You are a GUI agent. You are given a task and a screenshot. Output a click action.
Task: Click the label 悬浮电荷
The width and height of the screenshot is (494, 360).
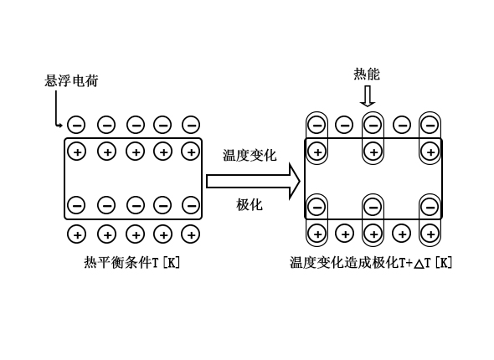[x=71, y=80]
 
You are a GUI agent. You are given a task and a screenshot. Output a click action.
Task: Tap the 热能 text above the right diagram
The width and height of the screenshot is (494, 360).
[x=367, y=74]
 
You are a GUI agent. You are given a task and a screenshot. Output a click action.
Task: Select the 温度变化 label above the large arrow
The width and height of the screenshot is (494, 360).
[x=250, y=155]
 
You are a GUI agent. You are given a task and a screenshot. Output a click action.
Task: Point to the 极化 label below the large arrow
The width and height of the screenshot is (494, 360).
[x=250, y=204]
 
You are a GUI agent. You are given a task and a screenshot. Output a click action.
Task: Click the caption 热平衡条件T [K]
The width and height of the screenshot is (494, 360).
[x=132, y=262]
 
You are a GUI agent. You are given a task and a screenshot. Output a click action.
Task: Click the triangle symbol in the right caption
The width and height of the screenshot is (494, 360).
[x=419, y=264]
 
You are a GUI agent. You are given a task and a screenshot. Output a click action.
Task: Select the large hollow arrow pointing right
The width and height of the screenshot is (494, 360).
[x=253, y=182]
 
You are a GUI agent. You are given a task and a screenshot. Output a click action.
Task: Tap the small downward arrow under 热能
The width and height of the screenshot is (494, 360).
[x=368, y=96]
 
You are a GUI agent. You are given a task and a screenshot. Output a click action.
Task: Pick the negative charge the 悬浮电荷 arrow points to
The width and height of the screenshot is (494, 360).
[x=76, y=125]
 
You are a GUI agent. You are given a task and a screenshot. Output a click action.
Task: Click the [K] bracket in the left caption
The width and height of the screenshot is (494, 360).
[x=171, y=262]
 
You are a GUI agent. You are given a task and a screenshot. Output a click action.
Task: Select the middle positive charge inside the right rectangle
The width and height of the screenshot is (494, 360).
[x=373, y=152]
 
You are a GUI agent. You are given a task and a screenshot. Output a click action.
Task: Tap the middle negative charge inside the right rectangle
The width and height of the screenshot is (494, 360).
[x=373, y=207]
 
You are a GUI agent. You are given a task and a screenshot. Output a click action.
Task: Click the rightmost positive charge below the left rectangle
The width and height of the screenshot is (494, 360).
[x=191, y=234]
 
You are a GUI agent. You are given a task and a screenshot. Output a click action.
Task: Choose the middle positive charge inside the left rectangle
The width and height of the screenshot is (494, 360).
[x=136, y=152]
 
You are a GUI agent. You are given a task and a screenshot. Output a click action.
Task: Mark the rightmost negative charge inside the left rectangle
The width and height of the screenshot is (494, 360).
[x=191, y=205]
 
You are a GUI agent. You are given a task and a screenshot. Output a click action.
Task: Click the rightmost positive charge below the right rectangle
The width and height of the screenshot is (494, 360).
[x=430, y=234]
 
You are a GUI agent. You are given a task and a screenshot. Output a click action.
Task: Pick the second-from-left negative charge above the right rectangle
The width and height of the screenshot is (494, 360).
[x=344, y=125]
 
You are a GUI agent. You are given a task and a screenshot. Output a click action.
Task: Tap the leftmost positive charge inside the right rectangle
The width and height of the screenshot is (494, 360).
[x=317, y=152]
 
